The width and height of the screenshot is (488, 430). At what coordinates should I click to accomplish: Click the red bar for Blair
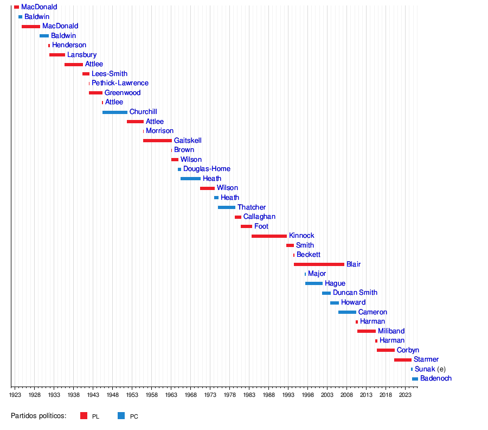coord(319,264)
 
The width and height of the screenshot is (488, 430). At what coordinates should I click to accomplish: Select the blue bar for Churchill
coord(115,112)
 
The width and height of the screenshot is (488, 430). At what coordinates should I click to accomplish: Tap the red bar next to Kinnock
coord(269,236)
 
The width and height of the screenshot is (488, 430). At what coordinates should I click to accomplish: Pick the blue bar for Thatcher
coord(227,207)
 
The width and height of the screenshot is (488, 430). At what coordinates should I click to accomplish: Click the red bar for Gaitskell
coord(157,141)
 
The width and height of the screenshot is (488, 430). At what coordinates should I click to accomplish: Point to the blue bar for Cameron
coord(347,312)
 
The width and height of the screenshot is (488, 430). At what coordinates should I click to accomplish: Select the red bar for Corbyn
coord(386,350)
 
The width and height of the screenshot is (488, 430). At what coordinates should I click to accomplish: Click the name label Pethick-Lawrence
coord(120,83)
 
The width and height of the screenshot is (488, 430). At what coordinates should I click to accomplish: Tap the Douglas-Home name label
coord(207,169)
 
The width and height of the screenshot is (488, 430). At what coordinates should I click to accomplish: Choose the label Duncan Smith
coord(355,293)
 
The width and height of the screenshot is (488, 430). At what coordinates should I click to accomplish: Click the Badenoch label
coord(436,378)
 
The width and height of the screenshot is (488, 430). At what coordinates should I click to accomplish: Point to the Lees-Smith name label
coord(110,74)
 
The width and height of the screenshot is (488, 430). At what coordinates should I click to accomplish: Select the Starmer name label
coord(426,359)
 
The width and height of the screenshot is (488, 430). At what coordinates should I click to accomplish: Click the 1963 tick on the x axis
coord(171,395)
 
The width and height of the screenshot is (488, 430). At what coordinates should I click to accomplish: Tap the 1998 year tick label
coord(307,395)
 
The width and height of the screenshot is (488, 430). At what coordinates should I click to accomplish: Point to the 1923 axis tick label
coord(15,395)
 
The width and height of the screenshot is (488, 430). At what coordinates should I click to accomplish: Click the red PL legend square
coord(84,416)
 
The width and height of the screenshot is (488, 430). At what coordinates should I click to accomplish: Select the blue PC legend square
coord(121,416)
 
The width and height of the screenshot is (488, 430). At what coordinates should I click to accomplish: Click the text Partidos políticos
coord(38,416)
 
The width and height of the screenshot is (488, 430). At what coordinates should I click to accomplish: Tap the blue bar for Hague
coord(314,283)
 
